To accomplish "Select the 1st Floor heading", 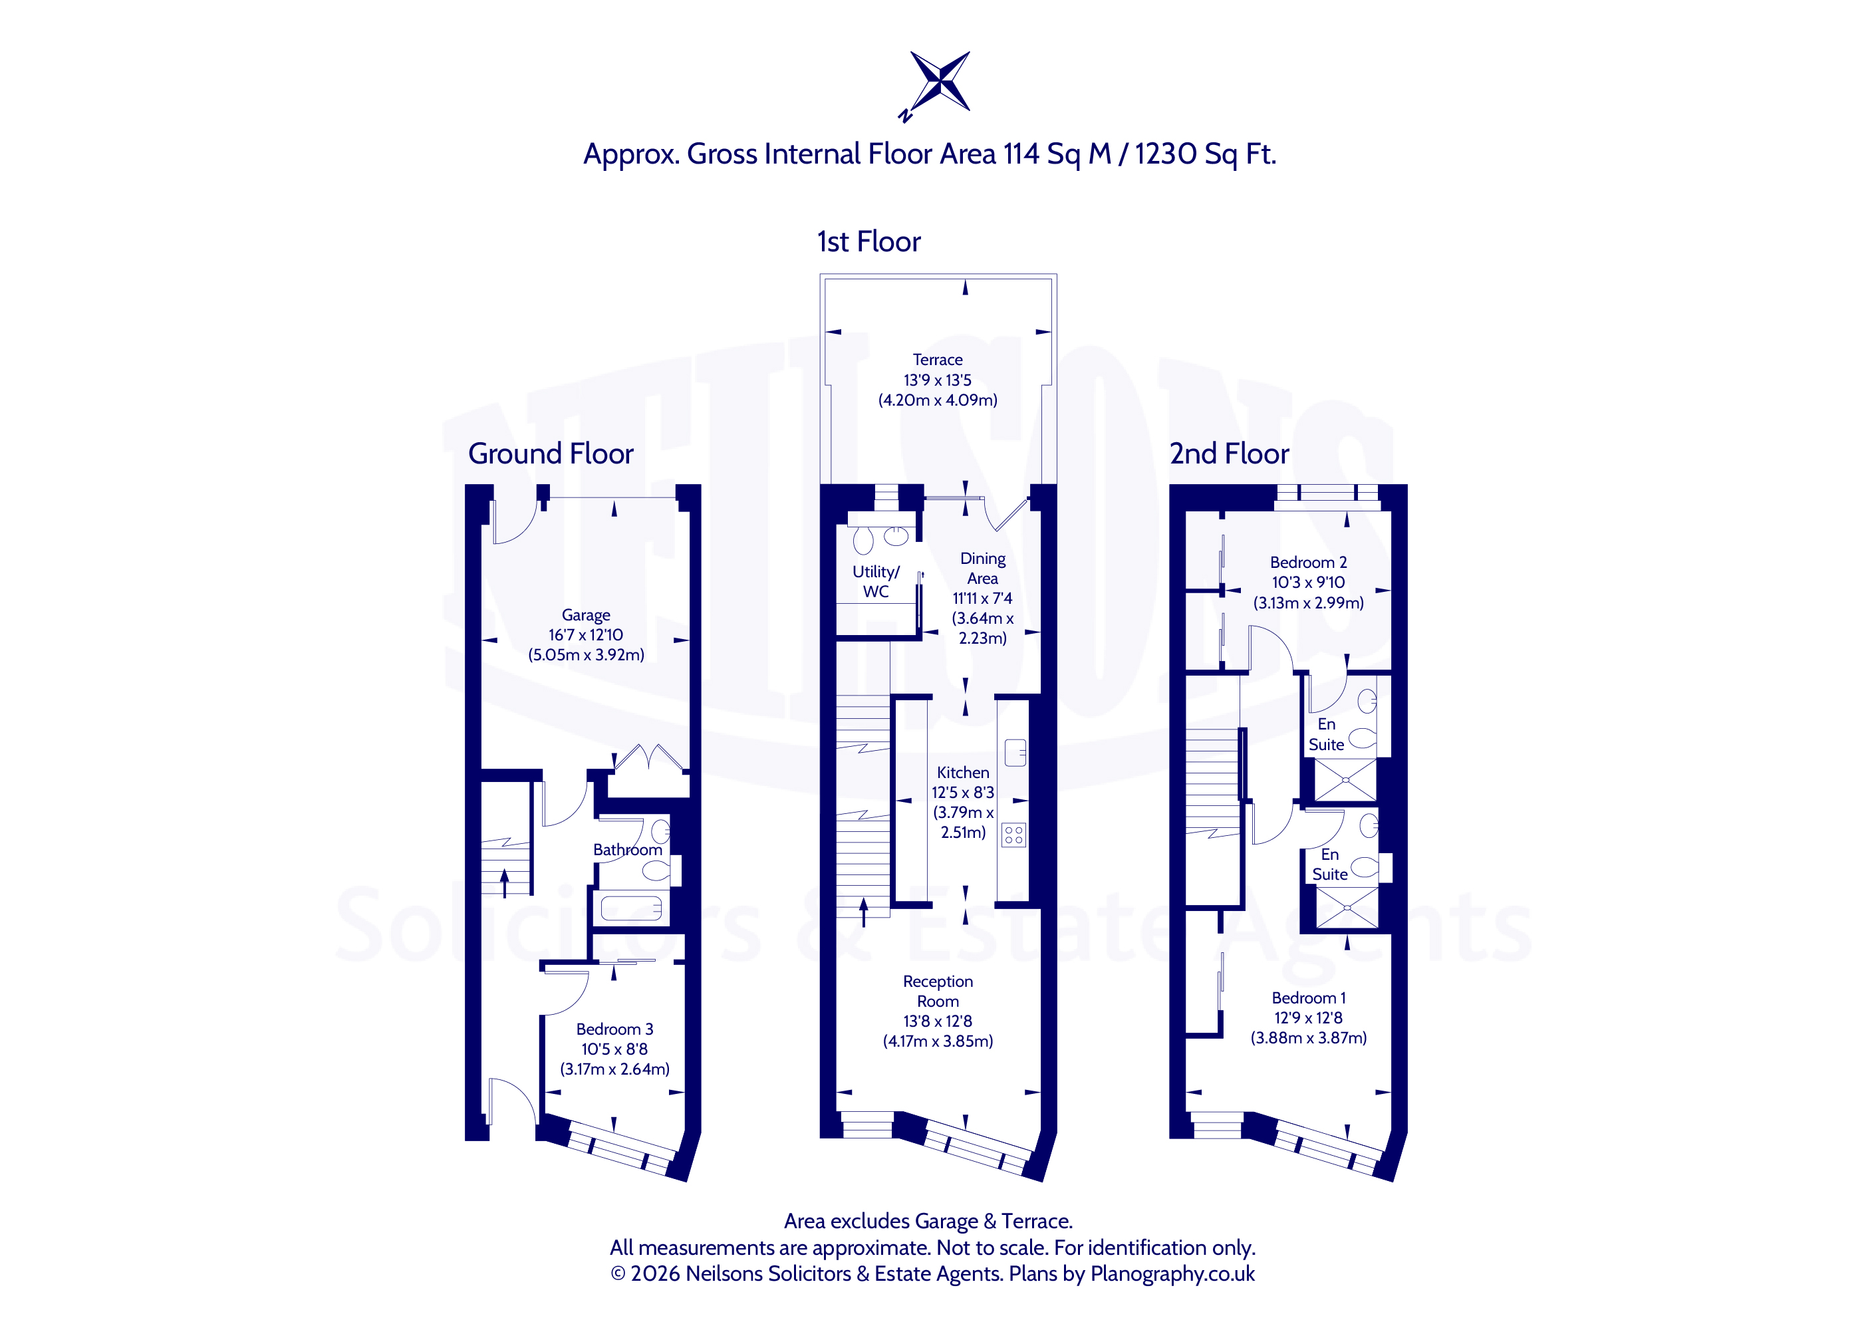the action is point(868,241).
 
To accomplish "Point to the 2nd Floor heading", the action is point(1229,454).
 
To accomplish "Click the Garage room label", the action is point(585,615).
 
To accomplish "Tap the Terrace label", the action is point(937,359).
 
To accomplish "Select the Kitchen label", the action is point(963,772).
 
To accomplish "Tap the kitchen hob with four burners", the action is point(1013,835).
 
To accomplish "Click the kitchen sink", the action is point(1015,753).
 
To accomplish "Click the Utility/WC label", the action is point(875,581).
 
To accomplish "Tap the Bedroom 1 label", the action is point(1309,997).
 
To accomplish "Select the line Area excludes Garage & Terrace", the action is point(928,1221).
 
